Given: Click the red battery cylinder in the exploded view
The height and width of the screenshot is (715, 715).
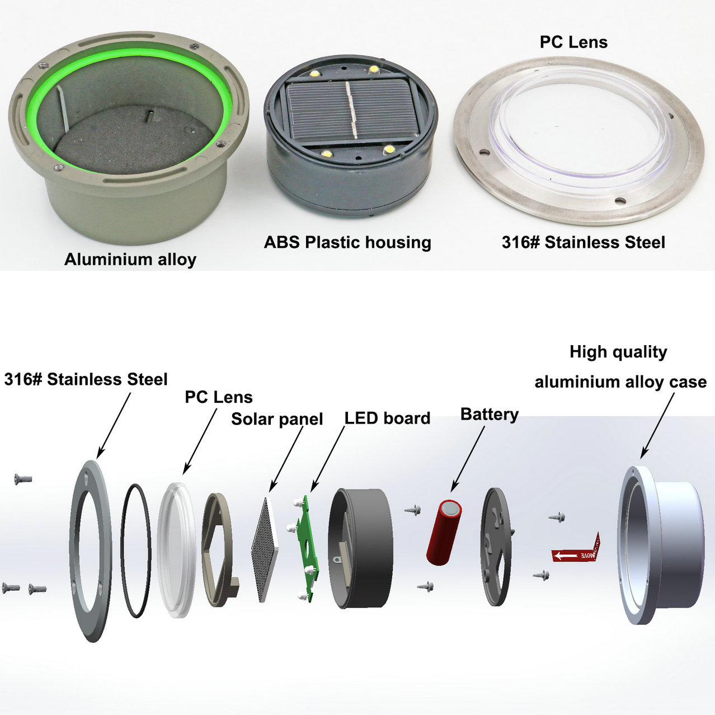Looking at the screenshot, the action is [444, 533].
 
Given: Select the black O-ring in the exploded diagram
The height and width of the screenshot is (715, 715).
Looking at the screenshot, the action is [136, 551].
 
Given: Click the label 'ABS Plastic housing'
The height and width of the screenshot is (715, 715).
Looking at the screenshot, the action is [347, 242].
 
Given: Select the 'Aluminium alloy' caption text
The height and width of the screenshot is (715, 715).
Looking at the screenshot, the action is [130, 260].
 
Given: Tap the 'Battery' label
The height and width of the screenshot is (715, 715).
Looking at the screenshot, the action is [490, 415].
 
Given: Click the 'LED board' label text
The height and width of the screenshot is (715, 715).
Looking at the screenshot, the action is [387, 418].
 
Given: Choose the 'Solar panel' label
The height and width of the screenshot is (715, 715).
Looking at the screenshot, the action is [277, 419].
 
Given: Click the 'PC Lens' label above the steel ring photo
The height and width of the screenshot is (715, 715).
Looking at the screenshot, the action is [573, 42].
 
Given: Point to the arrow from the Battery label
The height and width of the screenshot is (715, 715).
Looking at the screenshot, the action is [468, 459].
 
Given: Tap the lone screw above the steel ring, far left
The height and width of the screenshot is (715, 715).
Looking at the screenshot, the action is [23, 479].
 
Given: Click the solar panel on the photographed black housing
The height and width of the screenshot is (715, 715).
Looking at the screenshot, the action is [349, 111].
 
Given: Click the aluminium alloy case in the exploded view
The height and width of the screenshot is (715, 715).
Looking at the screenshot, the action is [661, 545].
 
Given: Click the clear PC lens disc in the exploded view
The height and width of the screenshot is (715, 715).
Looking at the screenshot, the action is [176, 550].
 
